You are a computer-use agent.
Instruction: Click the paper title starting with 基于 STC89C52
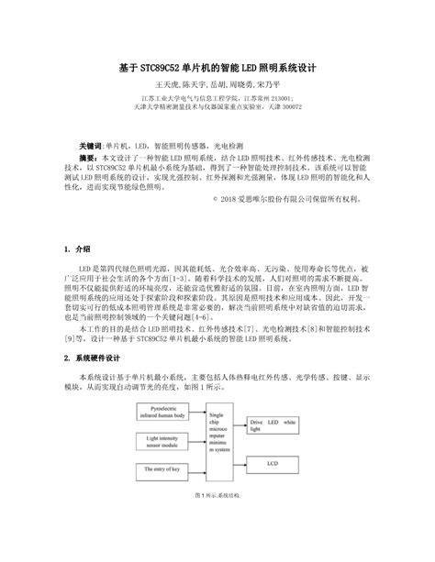pyautogui.click(x=217, y=67)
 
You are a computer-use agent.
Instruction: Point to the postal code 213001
pyautogui.click(x=282, y=96)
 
